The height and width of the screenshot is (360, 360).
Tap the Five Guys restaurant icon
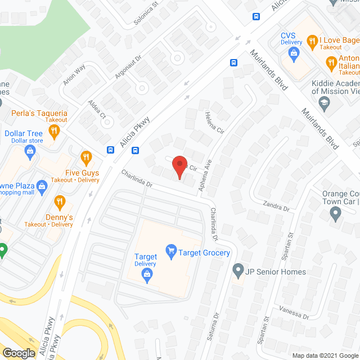pos(85,157)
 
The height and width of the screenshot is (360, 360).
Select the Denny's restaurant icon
pos(60,201)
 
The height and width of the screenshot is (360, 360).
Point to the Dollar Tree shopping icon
pos(30,150)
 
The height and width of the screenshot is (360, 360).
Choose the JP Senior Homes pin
pos(238,272)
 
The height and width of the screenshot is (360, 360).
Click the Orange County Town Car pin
pos(335,214)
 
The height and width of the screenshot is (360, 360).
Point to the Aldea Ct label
pos(97,109)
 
